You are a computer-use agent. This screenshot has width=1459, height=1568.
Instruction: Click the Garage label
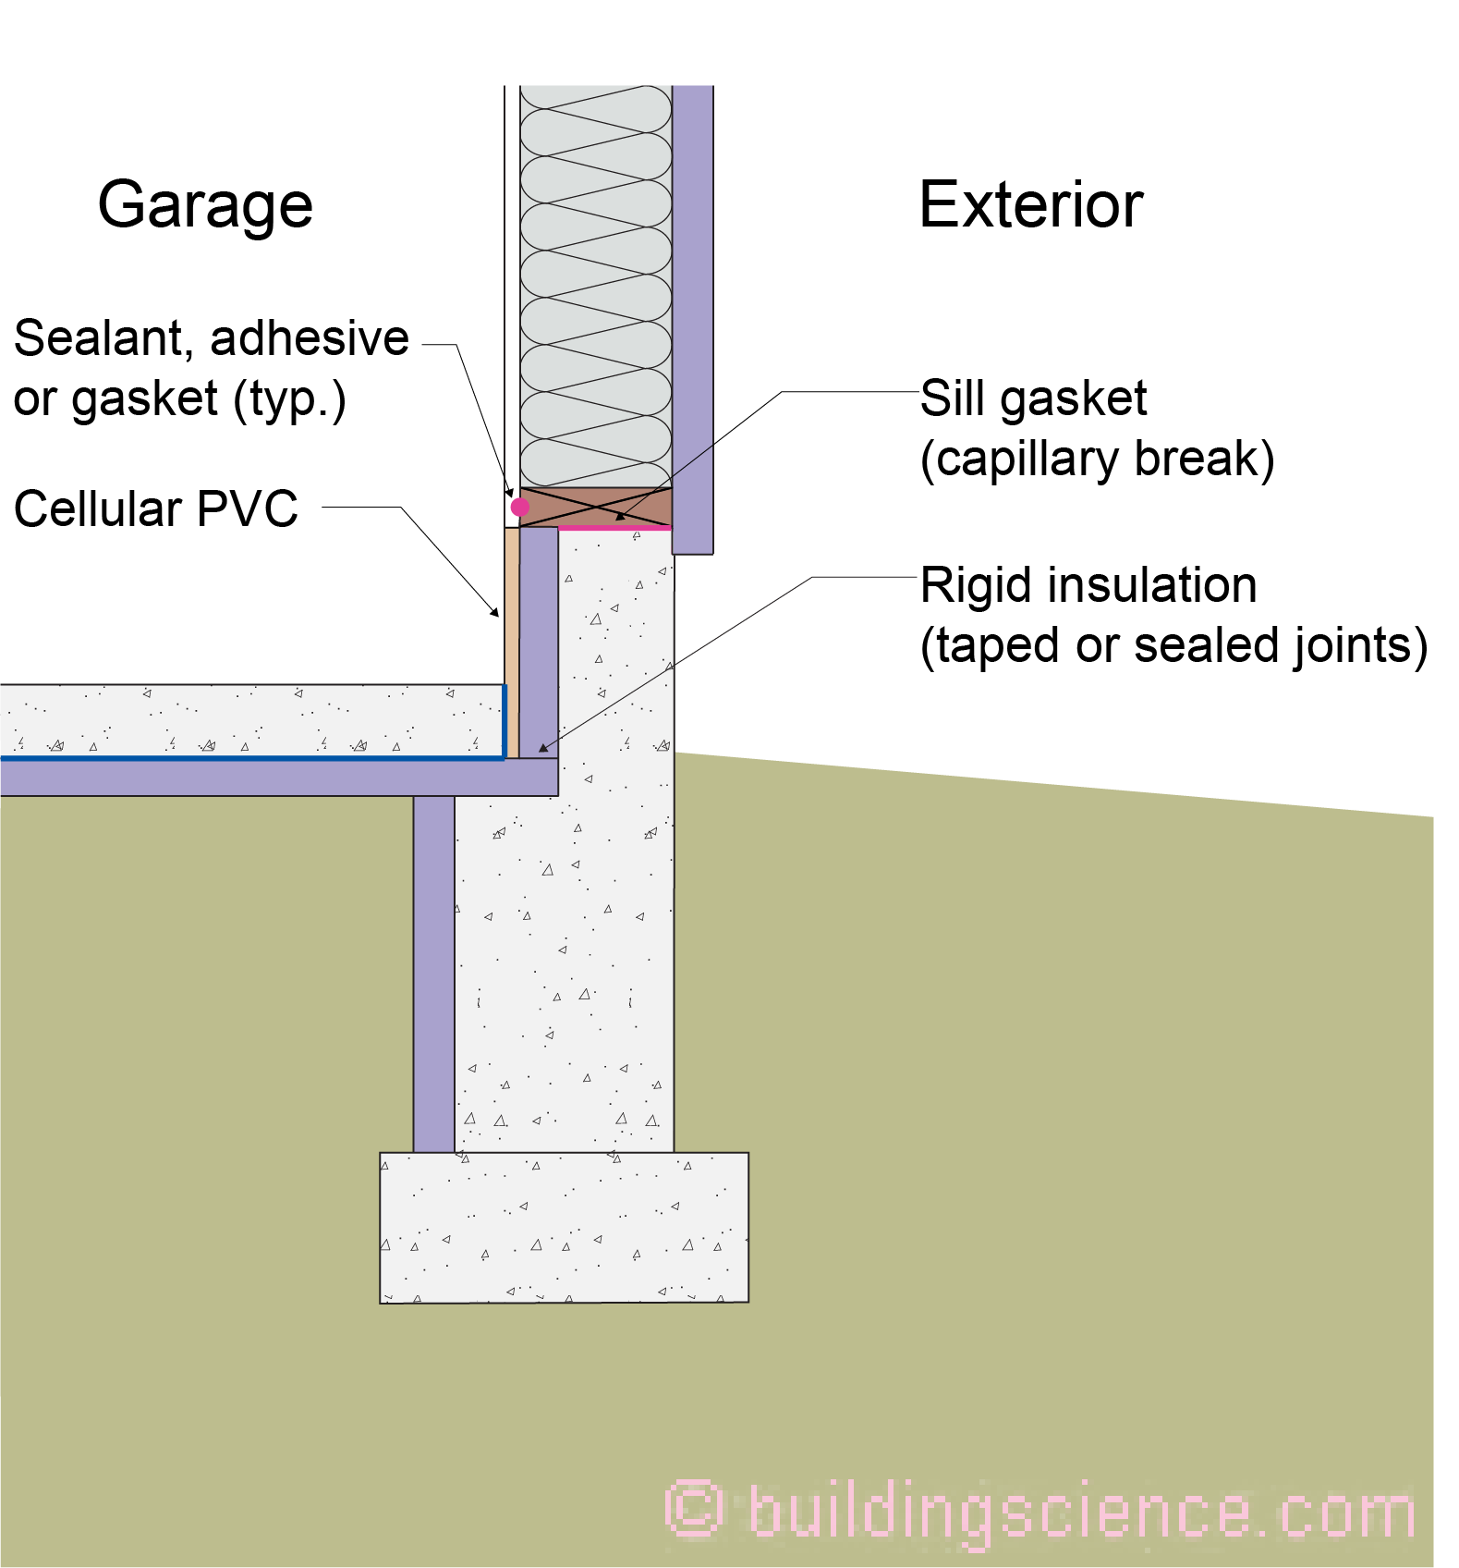coord(205,205)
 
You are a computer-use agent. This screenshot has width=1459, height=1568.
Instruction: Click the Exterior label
coord(1030,205)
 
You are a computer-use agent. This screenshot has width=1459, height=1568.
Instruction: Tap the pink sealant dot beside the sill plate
coord(520,507)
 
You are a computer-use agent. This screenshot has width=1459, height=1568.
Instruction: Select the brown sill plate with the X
coord(596,507)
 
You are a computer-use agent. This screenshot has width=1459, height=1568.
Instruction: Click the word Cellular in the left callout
coord(97,508)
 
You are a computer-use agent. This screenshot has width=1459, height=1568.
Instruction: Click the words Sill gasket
coord(1033,398)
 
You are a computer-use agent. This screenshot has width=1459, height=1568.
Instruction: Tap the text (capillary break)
coord(1097,459)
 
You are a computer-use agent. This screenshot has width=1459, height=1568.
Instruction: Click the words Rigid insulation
coord(1088,585)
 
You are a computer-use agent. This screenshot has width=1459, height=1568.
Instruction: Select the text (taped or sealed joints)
coord(1173,645)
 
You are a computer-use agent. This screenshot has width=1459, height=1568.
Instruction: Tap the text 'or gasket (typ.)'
coord(180,399)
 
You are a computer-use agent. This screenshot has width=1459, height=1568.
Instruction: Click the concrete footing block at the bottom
coord(564,1227)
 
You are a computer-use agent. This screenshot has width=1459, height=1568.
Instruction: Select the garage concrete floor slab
coord(249,720)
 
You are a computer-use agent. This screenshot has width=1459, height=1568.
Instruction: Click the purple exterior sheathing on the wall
coord(692,314)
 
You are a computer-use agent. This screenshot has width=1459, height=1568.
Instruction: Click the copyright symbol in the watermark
coord(693,1509)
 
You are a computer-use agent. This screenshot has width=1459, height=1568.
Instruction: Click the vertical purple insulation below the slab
coord(433,971)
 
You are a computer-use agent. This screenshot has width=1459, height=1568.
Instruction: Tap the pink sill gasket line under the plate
coord(614,528)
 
